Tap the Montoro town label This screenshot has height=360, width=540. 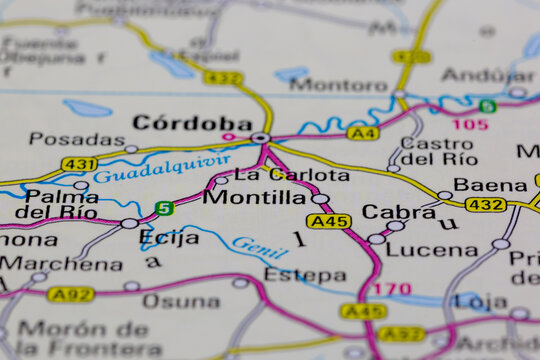click(x=338, y=85)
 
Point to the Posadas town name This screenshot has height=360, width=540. click(x=77, y=139)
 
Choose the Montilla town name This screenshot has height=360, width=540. click(x=254, y=197)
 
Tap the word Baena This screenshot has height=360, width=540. click(x=490, y=185)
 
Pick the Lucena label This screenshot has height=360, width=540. click(x=432, y=249)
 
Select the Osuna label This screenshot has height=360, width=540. click(x=181, y=301)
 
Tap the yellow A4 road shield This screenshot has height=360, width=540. click(x=363, y=133)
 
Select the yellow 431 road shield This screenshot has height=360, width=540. click(x=79, y=164)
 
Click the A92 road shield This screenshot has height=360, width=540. click(x=71, y=294)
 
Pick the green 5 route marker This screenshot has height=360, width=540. click(x=163, y=209)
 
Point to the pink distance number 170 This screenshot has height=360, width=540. click(x=391, y=290)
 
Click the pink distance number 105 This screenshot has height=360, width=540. click(x=470, y=124)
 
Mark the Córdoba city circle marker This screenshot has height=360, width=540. click(x=260, y=138)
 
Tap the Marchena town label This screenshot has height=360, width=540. click(x=61, y=264)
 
